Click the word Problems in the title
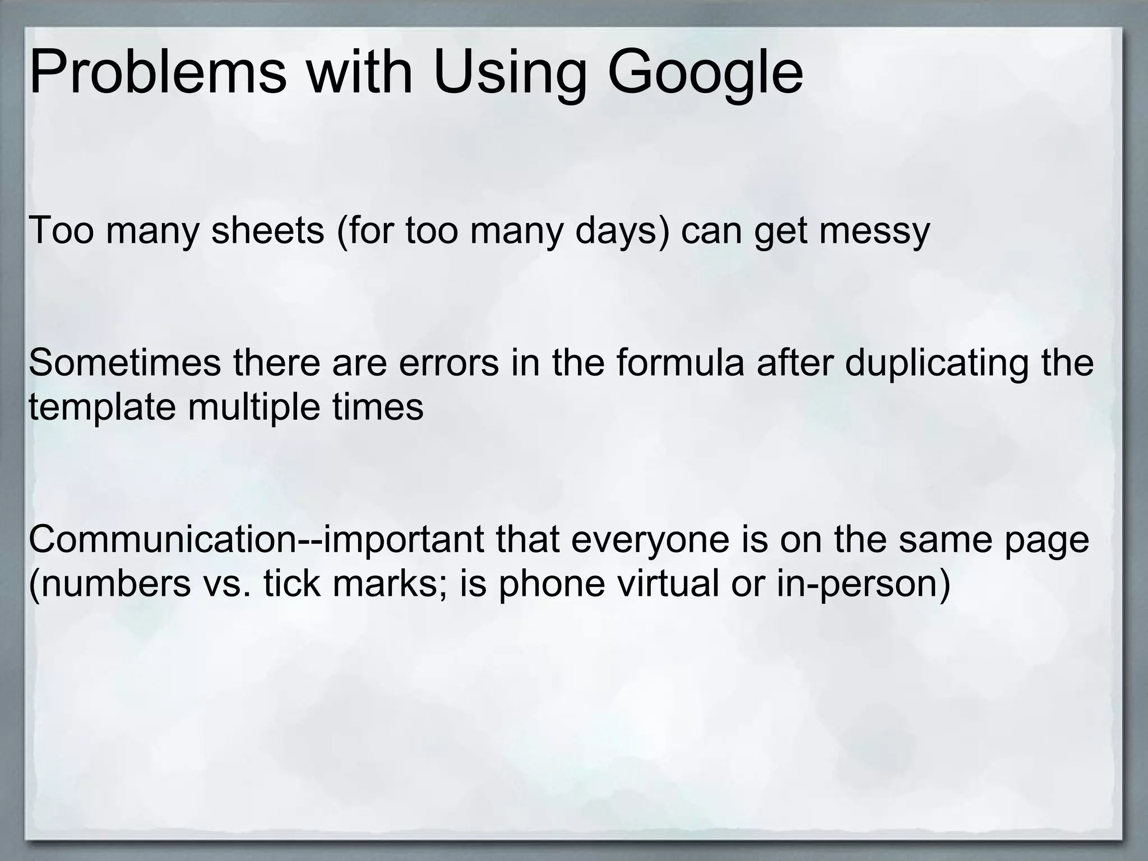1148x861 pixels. pos(158,73)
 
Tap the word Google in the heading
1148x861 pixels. pos(705,73)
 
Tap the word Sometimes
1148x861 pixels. pos(124,362)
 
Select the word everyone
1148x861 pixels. pos(637,539)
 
